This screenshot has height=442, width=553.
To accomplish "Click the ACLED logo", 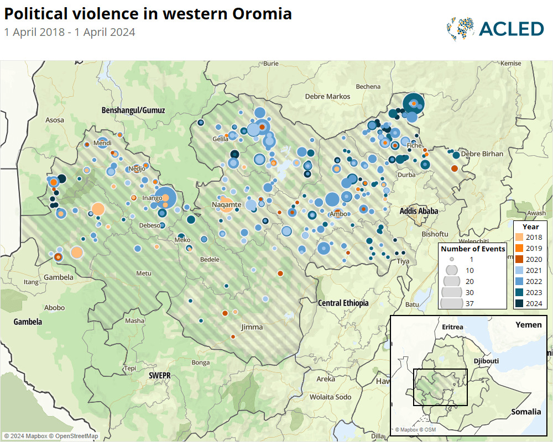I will click(495, 29).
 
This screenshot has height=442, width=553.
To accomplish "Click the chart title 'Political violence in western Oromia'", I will click(148, 14).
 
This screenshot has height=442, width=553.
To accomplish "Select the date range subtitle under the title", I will click(70, 32).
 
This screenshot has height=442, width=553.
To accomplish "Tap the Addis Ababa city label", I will click(419, 211).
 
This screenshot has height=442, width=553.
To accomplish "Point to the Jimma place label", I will click(252, 327).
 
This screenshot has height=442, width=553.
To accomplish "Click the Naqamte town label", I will click(227, 205).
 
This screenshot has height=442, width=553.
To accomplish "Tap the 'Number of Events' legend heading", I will click(473, 249).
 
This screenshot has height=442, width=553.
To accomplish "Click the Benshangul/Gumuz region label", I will click(133, 110).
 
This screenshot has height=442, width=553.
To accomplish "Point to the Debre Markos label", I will click(328, 96).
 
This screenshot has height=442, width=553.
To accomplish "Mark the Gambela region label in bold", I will click(28, 321).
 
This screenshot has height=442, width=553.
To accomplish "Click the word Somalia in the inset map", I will click(526, 411).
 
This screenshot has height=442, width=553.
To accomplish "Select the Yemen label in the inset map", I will click(528, 324).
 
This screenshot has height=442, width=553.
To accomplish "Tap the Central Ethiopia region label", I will click(343, 303).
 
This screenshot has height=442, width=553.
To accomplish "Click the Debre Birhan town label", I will click(482, 154).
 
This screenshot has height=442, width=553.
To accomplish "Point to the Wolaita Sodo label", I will click(330, 397).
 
